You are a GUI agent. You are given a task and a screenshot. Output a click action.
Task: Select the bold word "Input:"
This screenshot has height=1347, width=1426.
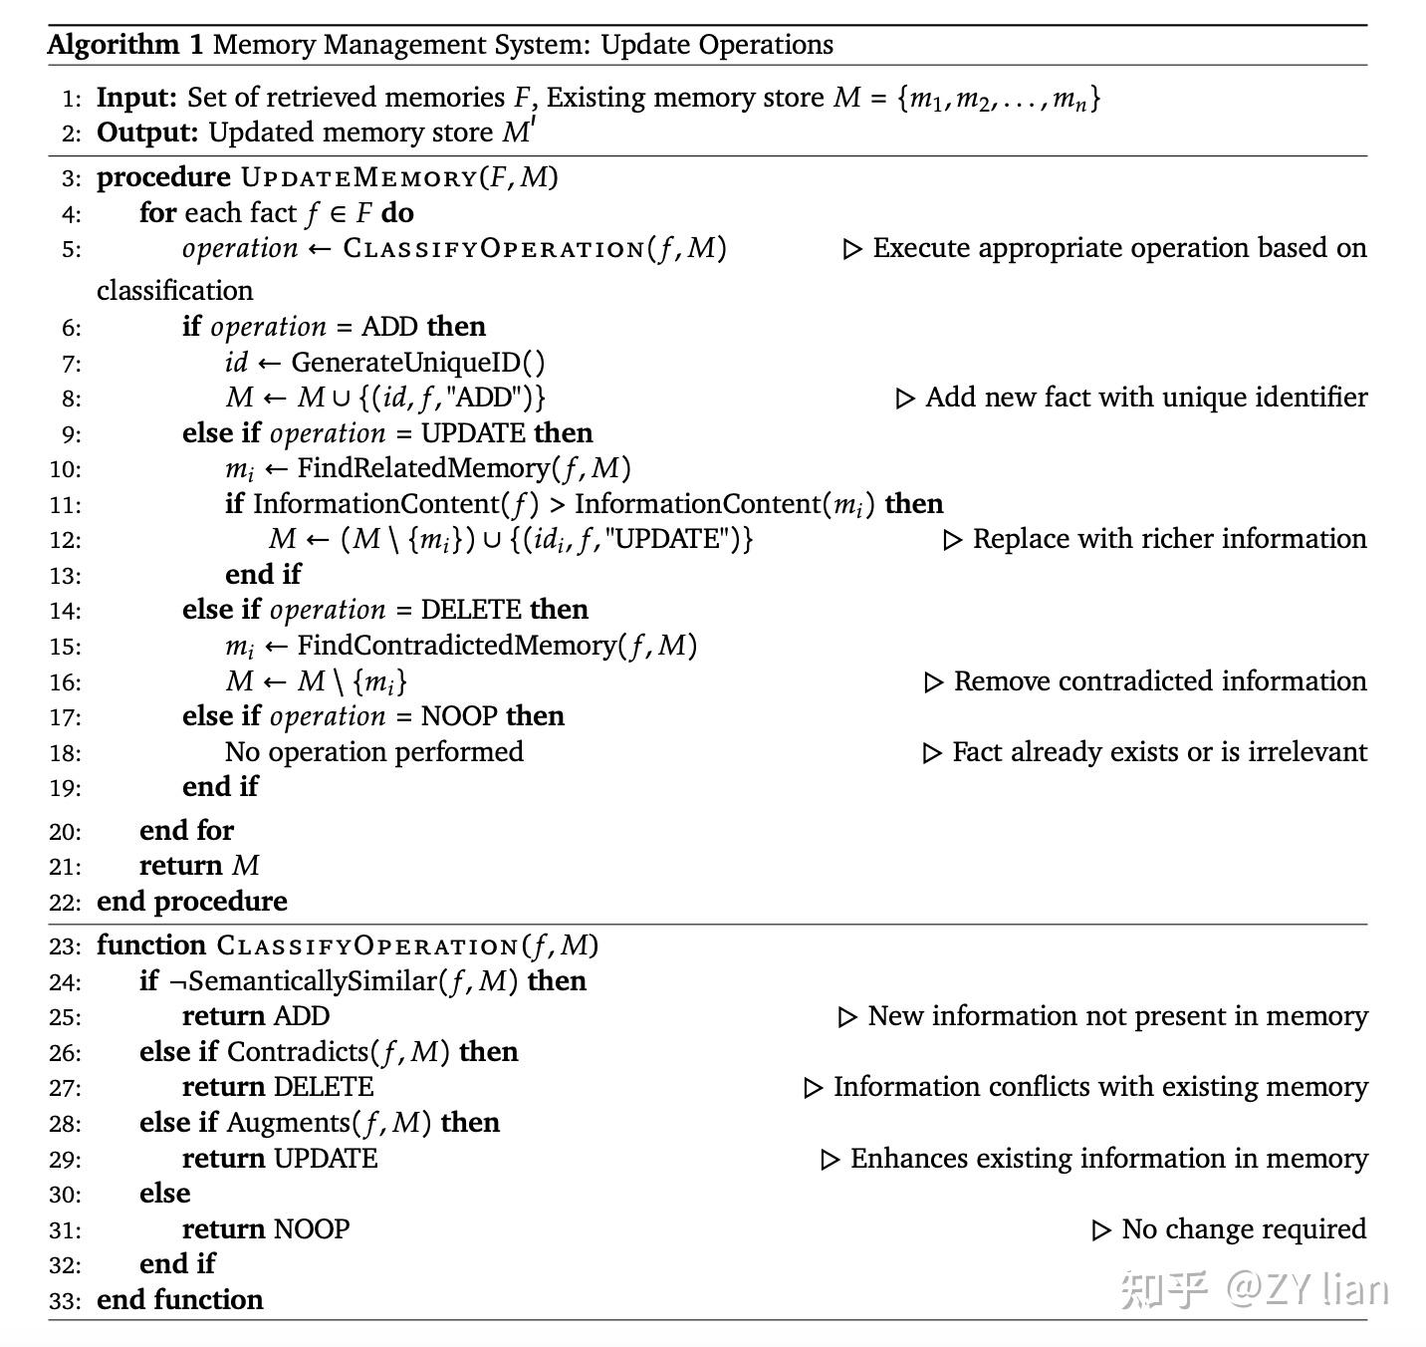(x=136, y=98)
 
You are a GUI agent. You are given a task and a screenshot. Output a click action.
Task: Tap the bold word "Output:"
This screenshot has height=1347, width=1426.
(x=147, y=133)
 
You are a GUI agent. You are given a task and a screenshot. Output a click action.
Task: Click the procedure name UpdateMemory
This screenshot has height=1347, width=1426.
(x=359, y=178)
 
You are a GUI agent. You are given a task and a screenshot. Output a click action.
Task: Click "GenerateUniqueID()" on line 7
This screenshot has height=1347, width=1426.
(x=418, y=363)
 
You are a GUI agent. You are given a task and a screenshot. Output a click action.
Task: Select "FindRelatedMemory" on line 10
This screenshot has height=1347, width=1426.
(x=423, y=468)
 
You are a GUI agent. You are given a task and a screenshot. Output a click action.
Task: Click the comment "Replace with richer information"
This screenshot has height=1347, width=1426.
(x=1169, y=539)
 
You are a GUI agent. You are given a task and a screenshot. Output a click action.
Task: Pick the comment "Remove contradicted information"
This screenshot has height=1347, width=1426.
(x=1159, y=681)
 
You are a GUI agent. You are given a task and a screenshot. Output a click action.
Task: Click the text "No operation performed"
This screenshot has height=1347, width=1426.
(x=374, y=752)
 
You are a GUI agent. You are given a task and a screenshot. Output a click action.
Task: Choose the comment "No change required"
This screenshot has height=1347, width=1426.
(x=1243, y=1229)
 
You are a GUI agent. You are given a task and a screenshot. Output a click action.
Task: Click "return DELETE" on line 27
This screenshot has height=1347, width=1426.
(x=278, y=1087)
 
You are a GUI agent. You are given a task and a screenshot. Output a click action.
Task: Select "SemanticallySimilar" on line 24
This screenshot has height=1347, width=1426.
(x=313, y=981)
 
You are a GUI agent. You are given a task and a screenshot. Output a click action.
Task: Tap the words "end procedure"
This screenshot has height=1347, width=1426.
(x=192, y=902)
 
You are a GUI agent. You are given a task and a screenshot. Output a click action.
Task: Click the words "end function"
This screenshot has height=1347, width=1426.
(x=180, y=1300)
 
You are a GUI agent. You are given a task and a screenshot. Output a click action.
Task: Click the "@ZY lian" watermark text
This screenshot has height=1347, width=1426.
(x=1307, y=1289)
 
